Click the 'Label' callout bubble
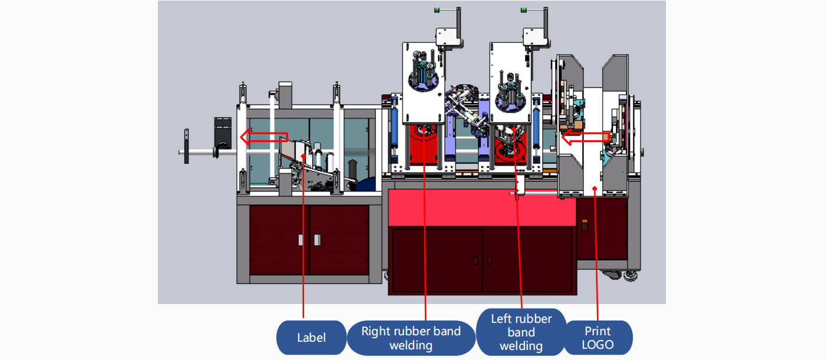tap(311, 338)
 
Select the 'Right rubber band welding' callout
tap(411, 338)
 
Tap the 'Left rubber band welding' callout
tap(521, 332)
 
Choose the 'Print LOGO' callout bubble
tap(598, 338)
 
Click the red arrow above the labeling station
tap(263, 138)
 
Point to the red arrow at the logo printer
tap(584, 138)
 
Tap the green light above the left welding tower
tap(524, 10)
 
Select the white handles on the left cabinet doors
tap(308, 239)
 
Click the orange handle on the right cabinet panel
tap(585, 225)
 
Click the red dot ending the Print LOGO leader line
tap(595, 189)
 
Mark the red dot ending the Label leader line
tap(304, 155)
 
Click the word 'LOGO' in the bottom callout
tap(598, 345)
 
